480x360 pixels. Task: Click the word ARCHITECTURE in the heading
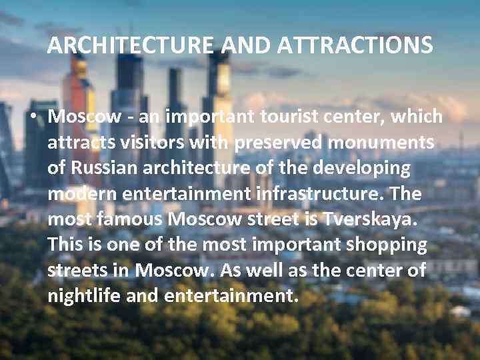(131, 46)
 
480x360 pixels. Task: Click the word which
(417, 117)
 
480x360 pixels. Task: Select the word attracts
(79, 143)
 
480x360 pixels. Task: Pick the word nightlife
(84, 295)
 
